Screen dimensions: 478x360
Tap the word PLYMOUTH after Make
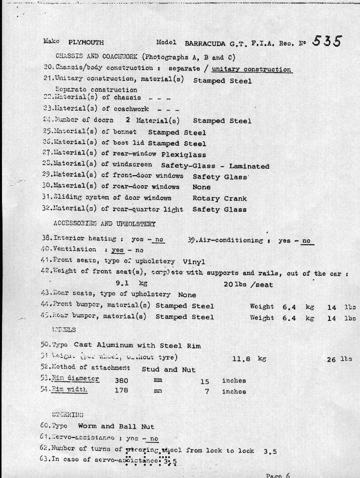(86, 43)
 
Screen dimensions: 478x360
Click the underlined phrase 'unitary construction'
(251, 69)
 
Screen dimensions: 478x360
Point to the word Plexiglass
(184, 155)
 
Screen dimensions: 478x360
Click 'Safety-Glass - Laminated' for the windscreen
(215, 166)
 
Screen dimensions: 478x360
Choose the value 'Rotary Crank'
(219, 199)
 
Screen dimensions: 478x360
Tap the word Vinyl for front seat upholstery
(194, 262)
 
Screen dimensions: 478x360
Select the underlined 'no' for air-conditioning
(306, 241)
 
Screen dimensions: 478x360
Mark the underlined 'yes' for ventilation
(118, 250)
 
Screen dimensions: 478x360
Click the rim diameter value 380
(122, 381)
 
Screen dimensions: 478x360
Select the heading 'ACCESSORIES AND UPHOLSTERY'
(104, 224)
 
